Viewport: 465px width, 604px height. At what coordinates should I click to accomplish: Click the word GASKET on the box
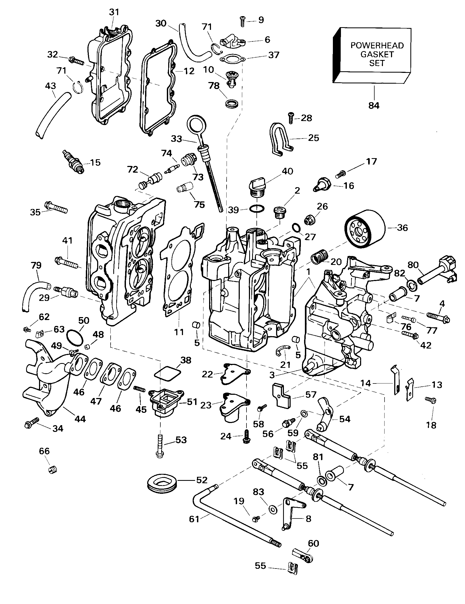377,54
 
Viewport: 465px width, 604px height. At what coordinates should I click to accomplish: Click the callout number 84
374,105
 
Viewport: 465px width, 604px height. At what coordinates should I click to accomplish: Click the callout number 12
189,71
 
